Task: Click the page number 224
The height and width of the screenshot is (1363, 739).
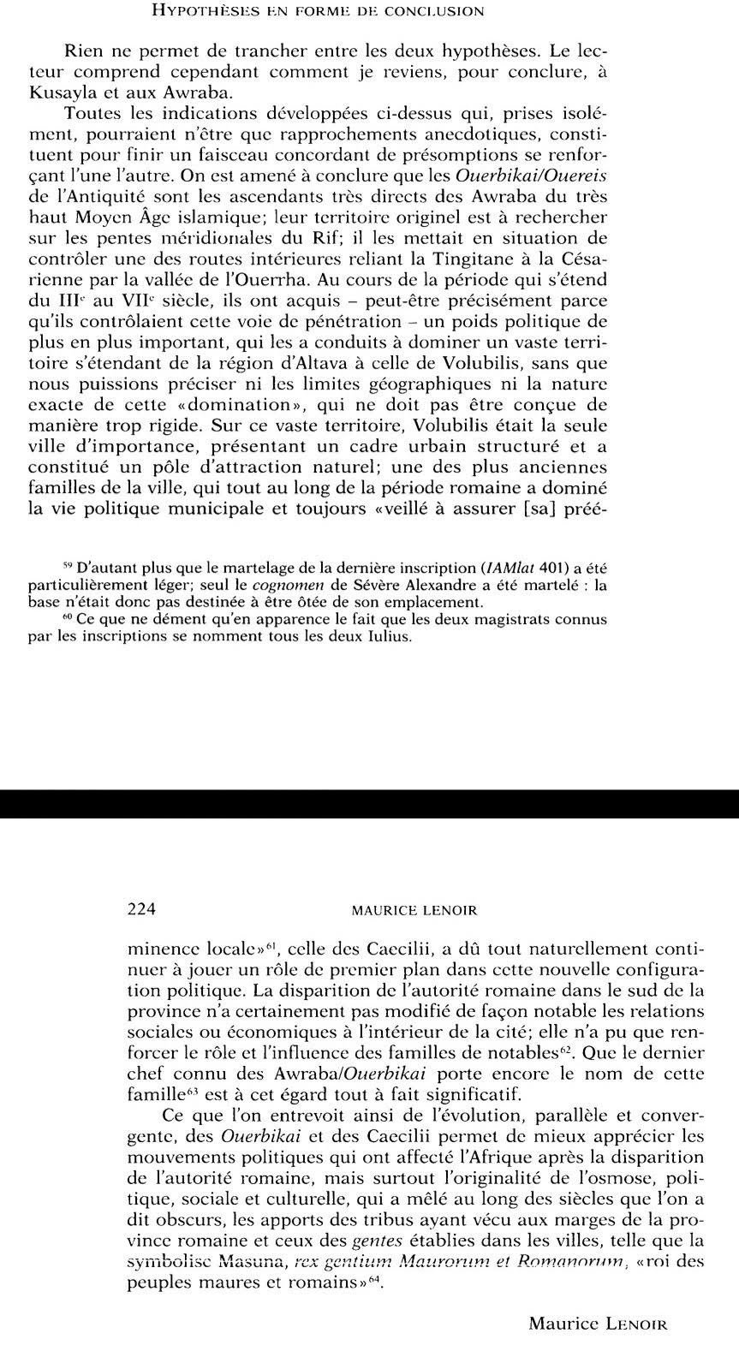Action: click(140, 909)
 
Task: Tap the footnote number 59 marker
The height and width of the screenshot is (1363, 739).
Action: click(68, 566)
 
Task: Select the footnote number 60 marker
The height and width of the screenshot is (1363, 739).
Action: click(68, 617)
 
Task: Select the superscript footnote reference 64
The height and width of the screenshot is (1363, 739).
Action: click(372, 1279)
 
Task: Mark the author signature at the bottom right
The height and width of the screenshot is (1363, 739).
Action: click(598, 1324)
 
